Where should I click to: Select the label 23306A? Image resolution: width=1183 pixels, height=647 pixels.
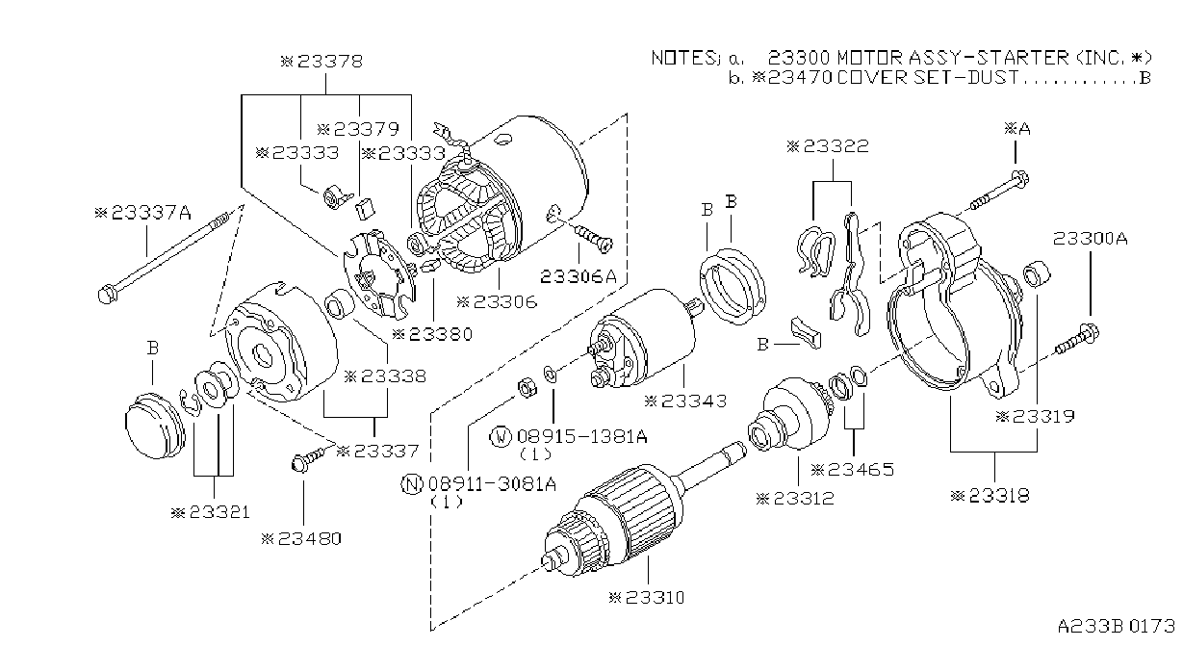pyautogui.click(x=579, y=276)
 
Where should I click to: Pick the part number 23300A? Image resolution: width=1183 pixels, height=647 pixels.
pyautogui.click(x=1090, y=239)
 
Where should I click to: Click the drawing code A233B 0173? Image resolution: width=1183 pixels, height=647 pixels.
pyautogui.click(x=1116, y=626)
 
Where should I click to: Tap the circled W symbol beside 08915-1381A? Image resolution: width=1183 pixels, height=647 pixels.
pyautogui.click(x=501, y=437)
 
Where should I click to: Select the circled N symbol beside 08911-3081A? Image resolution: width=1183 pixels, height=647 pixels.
pyautogui.click(x=412, y=483)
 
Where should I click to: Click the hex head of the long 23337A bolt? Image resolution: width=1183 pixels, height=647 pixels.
pyautogui.click(x=108, y=294)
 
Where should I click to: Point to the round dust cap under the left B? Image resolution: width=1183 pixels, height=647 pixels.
pyautogui.click(x=155, y=426)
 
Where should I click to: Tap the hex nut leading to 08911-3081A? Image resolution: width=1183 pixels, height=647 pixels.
pyautogui.click(x=527, y=388)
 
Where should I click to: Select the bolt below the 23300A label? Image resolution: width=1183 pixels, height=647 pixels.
pyautogui.click(x=1077, y=340)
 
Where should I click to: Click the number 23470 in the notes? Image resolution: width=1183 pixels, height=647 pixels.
pyautogui.click(x=800, y=78)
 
